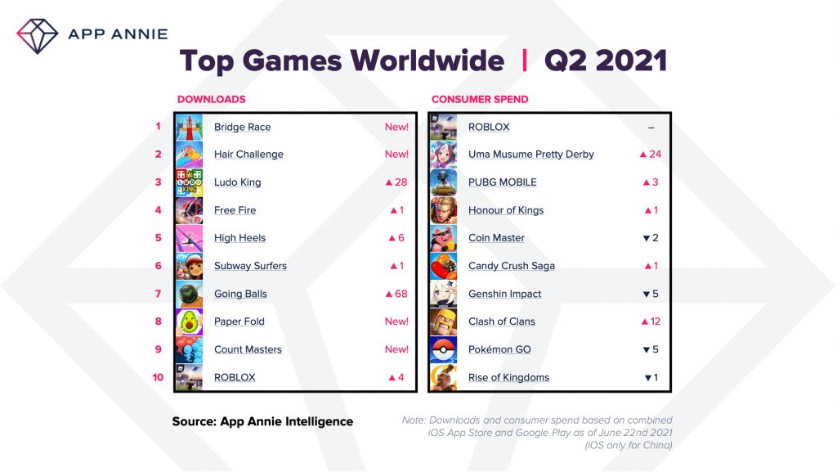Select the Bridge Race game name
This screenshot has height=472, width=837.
pos(242,127)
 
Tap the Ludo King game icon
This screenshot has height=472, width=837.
pos(189,182)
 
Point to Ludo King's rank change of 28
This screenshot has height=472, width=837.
pos(396,182)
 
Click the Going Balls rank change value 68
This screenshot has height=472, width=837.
pos(396,294)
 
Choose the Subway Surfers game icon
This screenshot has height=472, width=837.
pos(189,266)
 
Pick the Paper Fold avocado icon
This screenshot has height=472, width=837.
pos(189,321)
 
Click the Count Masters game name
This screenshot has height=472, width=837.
pos(248,349)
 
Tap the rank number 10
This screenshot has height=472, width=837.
pos(157,377)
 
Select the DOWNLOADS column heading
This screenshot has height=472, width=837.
pos(211,99)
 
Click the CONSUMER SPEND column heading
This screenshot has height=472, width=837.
pos(480,99)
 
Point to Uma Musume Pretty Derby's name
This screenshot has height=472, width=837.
pos(530,155)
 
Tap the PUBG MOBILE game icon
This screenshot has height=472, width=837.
pos(443,182)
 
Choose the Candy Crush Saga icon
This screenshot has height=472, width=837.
pos(443,266)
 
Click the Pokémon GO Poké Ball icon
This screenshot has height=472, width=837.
pos(443,349)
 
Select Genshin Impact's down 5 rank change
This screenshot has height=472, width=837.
pos(651,294)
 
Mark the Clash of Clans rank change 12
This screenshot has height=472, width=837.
pos(651,321)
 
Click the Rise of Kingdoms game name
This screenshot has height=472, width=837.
pos(508,377)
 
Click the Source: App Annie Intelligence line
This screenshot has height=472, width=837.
pos(262,421)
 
